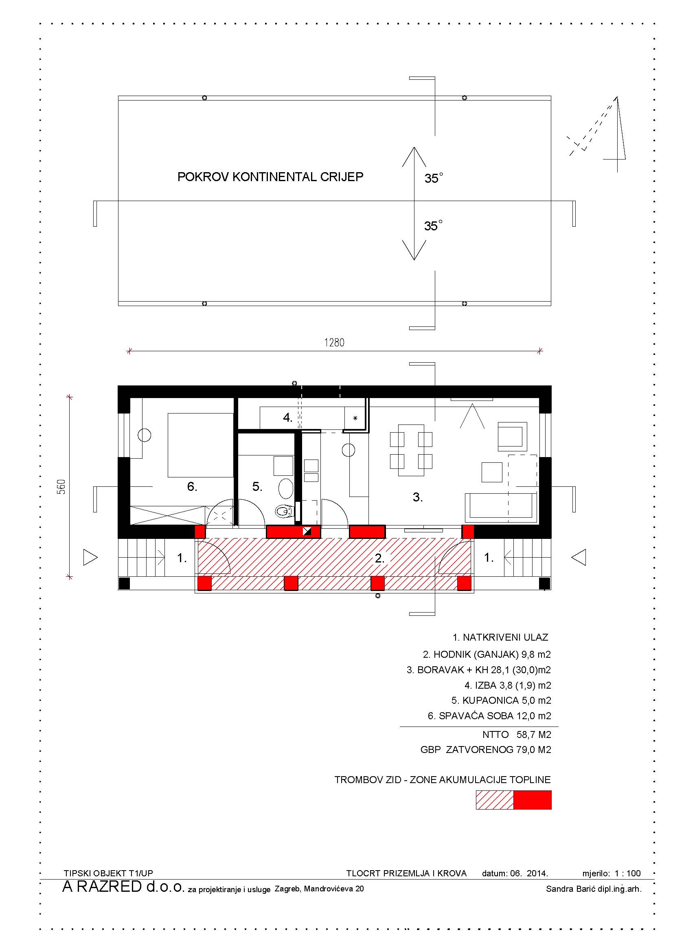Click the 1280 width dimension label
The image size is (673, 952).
pyautogui.click(x=334, y=342)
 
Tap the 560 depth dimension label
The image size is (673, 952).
pyautogui.click(x=61, y=487)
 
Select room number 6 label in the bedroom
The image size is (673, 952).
pyautogui.click(x=192, y=486)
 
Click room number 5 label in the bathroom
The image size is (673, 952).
pyautogui.click(x=257, y=486)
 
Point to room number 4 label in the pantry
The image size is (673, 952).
pyautogui.click(x=288, y=418)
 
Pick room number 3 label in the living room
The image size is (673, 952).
pyautogui.click(x=418, y=497)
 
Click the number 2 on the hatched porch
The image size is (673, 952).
pyautogui.click(x=379, y=558)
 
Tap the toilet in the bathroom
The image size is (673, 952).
pyautogui.click(x=284, y=512)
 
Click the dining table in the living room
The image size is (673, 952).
pyautogui.click(x=411, y=450)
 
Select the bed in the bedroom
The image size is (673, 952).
pyautogui.click(x=201, y=445)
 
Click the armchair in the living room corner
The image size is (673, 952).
pyautogui.click(x=512, y=437)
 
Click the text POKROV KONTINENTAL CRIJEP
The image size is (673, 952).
pyautogui.click(x=270, y=177)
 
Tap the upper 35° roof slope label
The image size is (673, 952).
pyautogui.click(x=433, y=178)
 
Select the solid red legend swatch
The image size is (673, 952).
pyautogui.click(x=533, y=800)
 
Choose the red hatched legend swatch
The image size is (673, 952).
pyautogui.click(x=495, y=800)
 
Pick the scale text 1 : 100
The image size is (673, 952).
pyautogui.click(x=628, y=873)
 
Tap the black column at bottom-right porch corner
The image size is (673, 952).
pyautogui.click(x=545, y=583)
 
